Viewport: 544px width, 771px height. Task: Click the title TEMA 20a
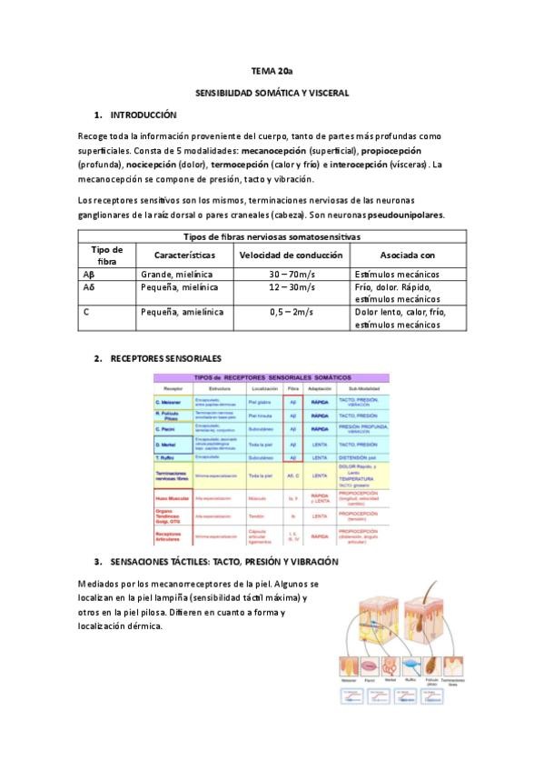272,70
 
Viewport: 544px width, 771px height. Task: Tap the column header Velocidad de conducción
291,256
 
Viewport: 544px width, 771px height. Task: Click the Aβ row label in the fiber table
89,274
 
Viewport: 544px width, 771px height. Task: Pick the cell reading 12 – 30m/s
291,287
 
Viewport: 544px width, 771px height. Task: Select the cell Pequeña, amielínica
182,312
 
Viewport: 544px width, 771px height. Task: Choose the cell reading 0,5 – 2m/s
291,312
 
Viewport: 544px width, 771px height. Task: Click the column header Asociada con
408,256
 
